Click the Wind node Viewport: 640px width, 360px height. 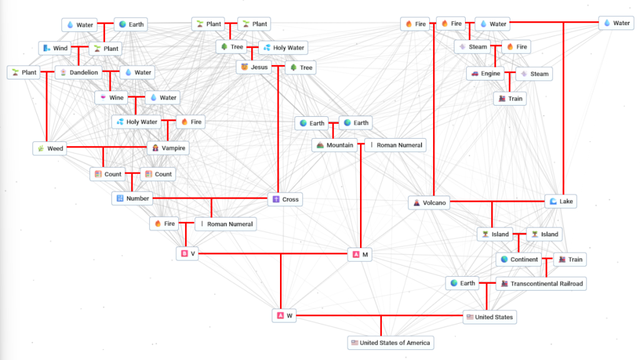tap(54, 48)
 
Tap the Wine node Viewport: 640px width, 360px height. tap(111, 97)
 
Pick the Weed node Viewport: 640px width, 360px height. tap(49, 149)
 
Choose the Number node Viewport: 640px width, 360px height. tap(132, 199)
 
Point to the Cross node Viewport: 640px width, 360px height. tap(285, 199)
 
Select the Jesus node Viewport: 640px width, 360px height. tap(254, 67)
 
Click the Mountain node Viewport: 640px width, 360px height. tap(334, 146)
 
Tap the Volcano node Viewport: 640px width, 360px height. tap(429, 203)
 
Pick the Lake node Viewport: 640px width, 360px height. tap(560, 201)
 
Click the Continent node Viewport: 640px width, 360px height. tap(519, 259)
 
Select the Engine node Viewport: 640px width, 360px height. tap(485, 74)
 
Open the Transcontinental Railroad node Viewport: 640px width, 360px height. tap(541, 284)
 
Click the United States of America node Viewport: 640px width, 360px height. tap(390, 342)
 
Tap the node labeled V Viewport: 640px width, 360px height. tap(187, 254)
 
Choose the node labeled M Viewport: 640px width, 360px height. tap(360, 254)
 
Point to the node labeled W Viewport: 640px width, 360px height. tap(284, 316)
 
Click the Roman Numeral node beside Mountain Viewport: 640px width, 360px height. tap(395, 145)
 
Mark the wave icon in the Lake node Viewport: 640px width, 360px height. tap(552, 201)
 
